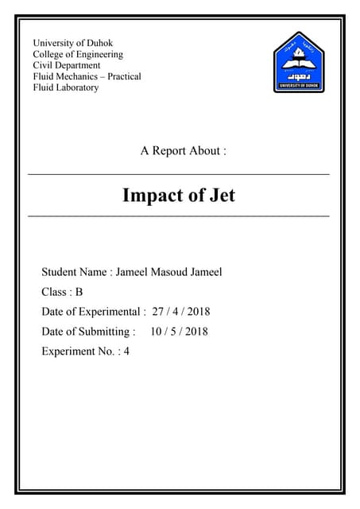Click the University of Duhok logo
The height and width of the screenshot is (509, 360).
click(x=299, y=62)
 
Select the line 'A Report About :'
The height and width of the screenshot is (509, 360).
click(x=184, y=151)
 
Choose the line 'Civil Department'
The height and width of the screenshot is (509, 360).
click(x=67, y=65)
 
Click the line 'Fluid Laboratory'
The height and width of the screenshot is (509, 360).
click(x=66, y=87)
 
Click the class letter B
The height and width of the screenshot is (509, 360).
click(x=79, y=292)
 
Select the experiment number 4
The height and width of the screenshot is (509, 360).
click(x=126, y=351)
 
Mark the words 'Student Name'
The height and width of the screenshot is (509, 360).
click(x=74, y=272)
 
